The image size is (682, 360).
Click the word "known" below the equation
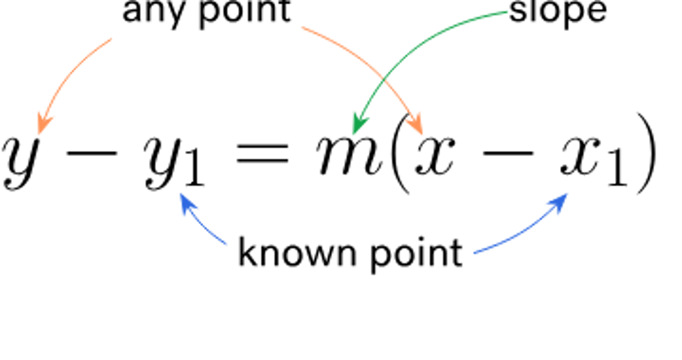pyautogui.click(x=291, y=252)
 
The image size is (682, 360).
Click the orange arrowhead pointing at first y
pyautogui.click(x=45, y=122)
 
